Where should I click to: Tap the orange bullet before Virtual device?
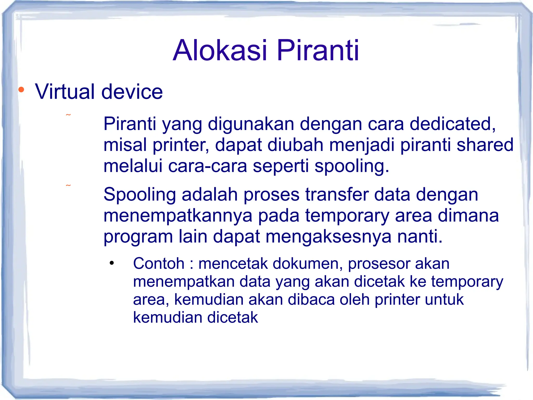pos(21,90)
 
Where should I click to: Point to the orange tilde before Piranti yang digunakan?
pos(68,115)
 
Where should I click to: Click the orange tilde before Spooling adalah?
pos(68,185)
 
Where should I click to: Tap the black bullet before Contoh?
pos(112,263)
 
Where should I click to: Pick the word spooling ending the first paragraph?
pos(351,166)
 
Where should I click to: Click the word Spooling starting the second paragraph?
pos(139,195)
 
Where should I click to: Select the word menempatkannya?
pos(178,216)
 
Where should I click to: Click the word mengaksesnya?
pos(328,237)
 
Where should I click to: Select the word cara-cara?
pos(207,166)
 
